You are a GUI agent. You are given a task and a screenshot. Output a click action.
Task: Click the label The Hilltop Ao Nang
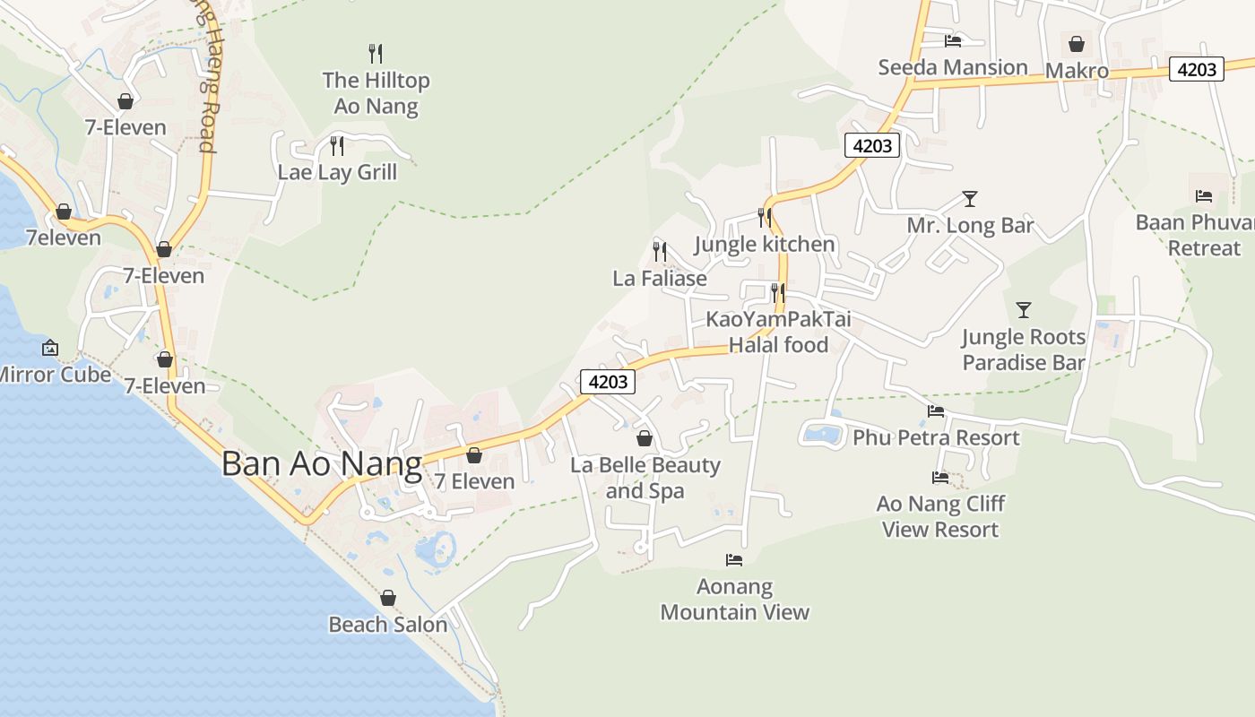coord(376,93)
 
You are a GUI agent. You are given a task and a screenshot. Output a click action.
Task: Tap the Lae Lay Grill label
coord(337,172)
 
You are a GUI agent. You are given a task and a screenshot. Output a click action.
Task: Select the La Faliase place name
coord(660,278)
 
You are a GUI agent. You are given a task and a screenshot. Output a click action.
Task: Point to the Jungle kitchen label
coord(765,244)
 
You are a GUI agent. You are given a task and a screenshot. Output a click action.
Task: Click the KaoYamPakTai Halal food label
coord(778,332)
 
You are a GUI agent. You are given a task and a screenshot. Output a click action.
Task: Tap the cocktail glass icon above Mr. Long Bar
coord(969,199)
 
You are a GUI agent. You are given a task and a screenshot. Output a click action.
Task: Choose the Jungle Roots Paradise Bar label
coord(1024,350)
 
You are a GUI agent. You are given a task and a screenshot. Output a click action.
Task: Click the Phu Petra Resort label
coord(936,437)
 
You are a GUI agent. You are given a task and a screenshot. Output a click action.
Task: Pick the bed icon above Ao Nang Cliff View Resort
coord(940,478)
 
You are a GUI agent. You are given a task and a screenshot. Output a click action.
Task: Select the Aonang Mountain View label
coord(735,600)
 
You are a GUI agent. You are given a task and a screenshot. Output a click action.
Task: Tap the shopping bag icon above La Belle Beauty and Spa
coord(644,438)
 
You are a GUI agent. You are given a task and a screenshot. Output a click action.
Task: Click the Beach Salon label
coord(388,625)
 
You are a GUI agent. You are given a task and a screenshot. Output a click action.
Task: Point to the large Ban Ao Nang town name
coord(321,463)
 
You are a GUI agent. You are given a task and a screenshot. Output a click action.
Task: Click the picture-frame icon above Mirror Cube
coord(50,348)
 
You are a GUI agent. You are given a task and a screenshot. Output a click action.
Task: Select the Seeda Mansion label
coord(953,67)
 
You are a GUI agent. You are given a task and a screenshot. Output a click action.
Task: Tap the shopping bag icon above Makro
coord(1077,44)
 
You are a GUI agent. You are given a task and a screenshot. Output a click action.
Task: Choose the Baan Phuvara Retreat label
coord(1196,235)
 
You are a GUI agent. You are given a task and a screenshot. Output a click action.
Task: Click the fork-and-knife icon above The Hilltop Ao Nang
coord(376,54)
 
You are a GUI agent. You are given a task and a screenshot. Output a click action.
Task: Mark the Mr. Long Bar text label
coord(970,225)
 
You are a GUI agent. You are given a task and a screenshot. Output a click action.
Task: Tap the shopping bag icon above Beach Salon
coord(388,598)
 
